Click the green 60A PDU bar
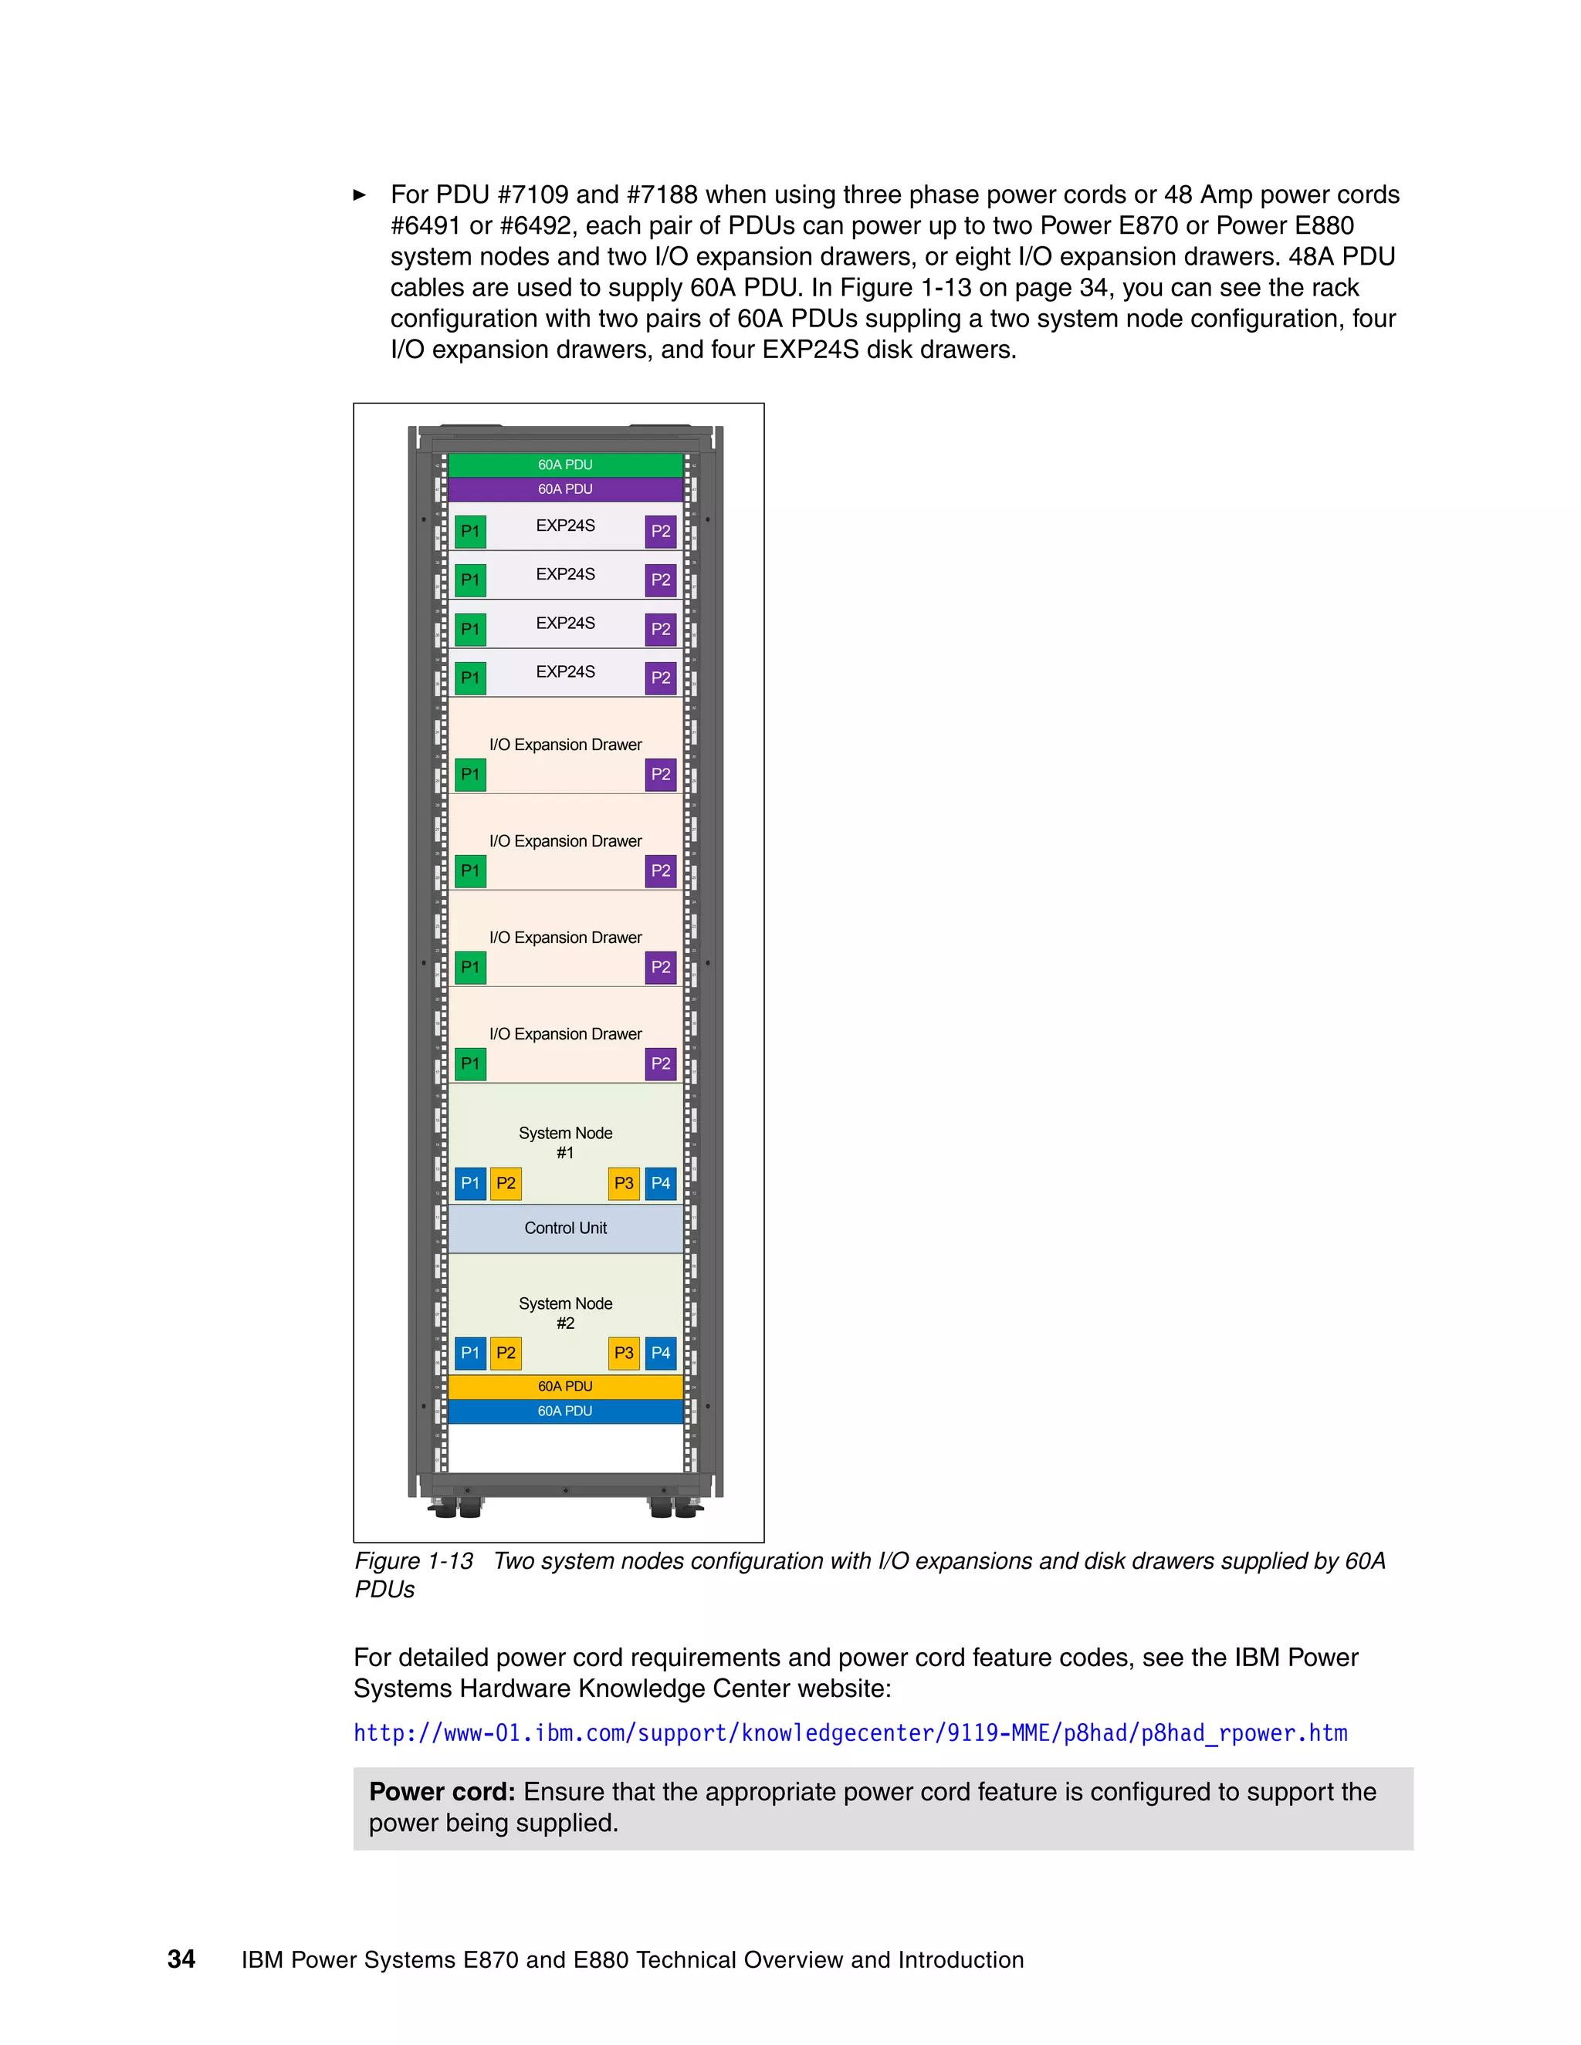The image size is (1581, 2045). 565,465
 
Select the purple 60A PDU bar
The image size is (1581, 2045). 565,488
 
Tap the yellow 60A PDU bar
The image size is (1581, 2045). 565,1386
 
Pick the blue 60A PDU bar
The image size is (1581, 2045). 565,1411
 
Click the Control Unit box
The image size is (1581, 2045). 565,1228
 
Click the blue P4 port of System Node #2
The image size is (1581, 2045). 660,1352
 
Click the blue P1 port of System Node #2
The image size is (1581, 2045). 470,1352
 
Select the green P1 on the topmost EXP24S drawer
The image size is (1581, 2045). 470,531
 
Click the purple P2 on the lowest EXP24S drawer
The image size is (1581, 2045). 660,677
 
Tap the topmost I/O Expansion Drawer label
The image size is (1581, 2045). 565,745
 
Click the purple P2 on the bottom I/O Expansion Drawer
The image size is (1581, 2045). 660,1063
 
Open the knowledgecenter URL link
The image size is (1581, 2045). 849,1733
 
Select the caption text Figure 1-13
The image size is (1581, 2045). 414,1561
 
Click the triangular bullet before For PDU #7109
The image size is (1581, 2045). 360,194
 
